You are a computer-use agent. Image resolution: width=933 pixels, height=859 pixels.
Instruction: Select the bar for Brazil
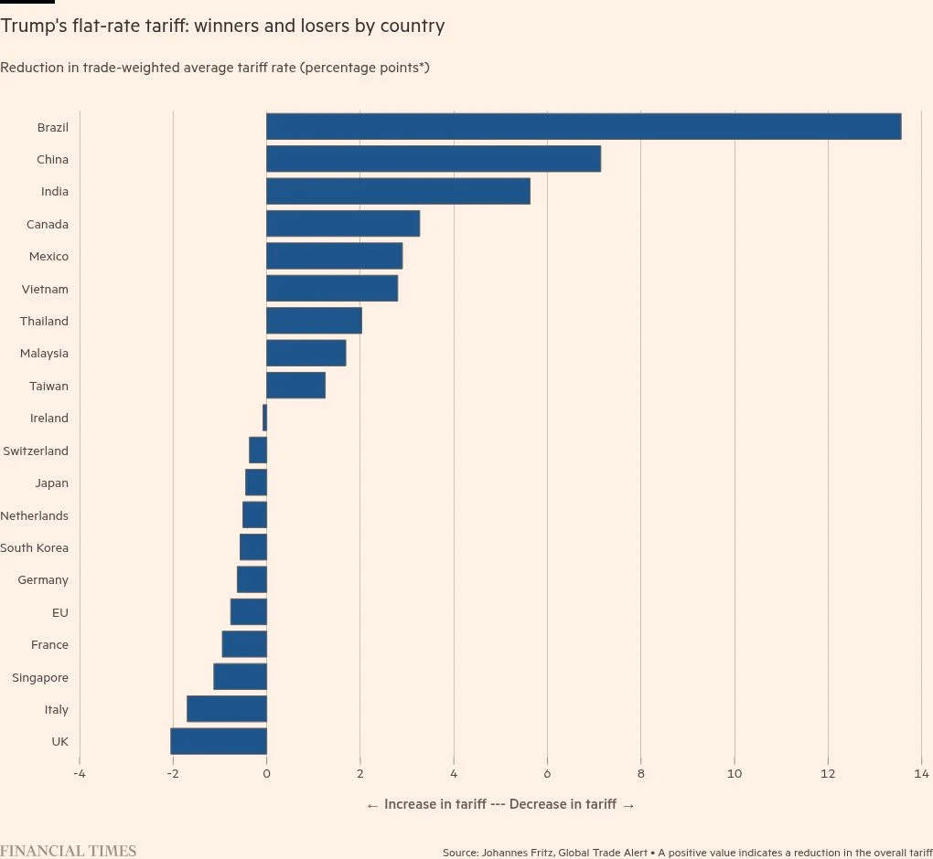584,127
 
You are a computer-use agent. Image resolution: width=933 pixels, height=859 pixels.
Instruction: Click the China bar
434,159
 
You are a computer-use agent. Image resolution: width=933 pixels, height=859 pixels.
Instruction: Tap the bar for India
398,192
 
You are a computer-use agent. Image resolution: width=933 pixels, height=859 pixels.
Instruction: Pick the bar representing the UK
219,741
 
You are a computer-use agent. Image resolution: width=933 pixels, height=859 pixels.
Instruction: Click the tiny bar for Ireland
264,418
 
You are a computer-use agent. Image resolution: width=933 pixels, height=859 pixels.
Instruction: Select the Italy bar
227,709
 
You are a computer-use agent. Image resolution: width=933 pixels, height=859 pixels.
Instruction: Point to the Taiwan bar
295,386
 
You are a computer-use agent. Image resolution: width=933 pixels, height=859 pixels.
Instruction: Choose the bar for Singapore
240,677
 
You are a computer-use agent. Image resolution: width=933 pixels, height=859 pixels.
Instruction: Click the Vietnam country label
45,289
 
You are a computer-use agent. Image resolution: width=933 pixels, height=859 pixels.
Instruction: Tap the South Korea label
35,547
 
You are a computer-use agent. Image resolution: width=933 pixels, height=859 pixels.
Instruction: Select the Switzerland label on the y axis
36,451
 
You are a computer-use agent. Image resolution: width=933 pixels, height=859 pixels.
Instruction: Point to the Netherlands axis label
35,515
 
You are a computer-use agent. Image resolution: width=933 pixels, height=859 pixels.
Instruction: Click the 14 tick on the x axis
921,775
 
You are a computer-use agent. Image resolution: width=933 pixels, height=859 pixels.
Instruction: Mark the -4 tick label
79,775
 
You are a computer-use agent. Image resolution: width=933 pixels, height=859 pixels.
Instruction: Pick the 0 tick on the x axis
266,775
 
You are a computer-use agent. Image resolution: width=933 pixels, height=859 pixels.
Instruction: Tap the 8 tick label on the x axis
640,775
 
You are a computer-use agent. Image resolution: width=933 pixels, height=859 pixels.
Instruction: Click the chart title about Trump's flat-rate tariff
222,27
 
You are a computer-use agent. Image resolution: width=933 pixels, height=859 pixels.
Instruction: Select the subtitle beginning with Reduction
215,68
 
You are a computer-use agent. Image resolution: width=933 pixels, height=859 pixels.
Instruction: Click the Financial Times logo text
68,851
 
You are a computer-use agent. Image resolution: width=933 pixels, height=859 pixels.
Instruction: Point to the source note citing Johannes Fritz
686,853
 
